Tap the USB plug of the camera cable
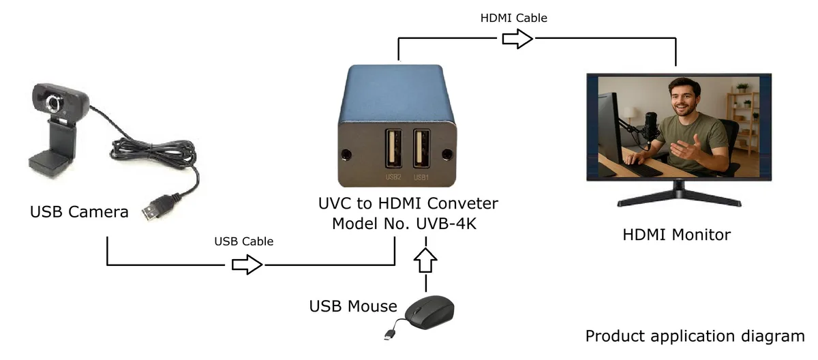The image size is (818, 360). coord(157,207)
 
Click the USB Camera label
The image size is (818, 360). coord(79,212)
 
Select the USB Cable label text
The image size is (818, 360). coord(243,241)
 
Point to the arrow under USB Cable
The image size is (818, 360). coord(247,265)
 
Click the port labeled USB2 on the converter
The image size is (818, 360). coord(393,149)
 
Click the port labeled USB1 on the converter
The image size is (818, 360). coord(421,149)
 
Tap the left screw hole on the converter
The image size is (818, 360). coord(346,155)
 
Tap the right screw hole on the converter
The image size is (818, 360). coord(447,155)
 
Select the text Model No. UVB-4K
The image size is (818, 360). coord(404,224)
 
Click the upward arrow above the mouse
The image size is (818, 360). coord(425,260)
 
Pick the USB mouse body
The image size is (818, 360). coord(430,312)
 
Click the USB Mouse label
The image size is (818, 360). coord(353,306)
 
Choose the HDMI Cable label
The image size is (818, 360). coord(513,18)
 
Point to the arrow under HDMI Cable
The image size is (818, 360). coord(517,39)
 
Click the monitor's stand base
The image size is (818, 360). coord(679,199)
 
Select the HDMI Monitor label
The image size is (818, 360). coord(677,235)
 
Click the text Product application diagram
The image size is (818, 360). coord(695,336)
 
